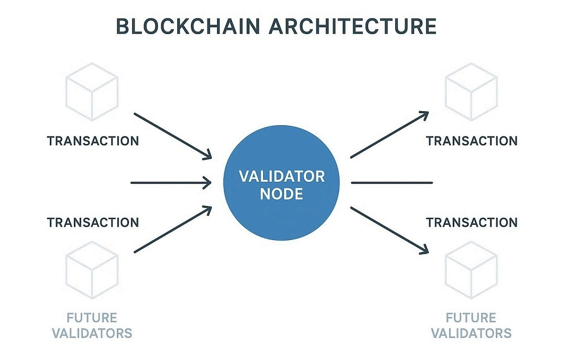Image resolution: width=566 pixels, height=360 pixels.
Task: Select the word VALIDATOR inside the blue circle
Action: [281, 176]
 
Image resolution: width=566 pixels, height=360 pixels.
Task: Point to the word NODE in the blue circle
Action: [281, 194]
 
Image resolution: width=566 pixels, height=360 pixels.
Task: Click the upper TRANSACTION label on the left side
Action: [93, 141]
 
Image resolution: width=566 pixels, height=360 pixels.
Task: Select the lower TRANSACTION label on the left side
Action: [93, 222]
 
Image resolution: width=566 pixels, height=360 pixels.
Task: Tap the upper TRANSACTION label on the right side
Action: [472, 141]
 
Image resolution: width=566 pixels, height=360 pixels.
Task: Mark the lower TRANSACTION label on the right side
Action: [472, 222]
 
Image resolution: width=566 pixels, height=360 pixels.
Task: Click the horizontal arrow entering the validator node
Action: [170, 183]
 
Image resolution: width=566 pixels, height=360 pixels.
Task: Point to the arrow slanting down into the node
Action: [173, 135]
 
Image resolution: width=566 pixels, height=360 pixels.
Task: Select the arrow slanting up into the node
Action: [173, 230]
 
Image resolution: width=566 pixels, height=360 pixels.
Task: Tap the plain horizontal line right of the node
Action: [391, 183]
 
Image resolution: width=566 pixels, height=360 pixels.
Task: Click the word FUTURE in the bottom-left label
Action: [92, 318]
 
